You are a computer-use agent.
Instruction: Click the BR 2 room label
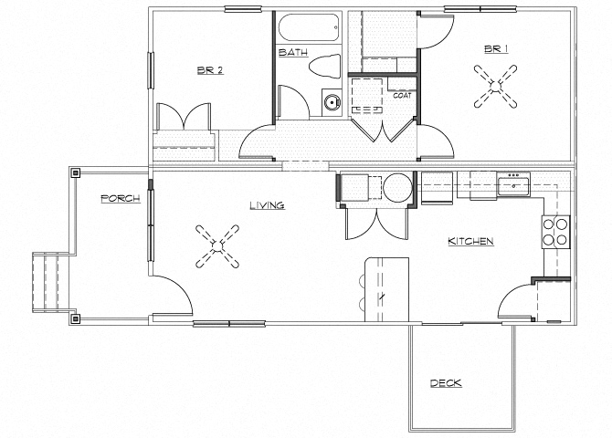coord(210,69)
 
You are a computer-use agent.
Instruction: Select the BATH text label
coord(293,53)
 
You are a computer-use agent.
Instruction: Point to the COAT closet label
coord(402,95)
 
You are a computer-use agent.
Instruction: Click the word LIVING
coord(268,206)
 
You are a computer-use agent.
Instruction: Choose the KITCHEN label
coord(470,242)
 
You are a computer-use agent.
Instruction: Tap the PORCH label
coord(121,198)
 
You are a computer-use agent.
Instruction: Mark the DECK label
coord(446,383)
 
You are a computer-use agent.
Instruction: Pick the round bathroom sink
coord(331,102)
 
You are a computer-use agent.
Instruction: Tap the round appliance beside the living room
coord(398,189)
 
